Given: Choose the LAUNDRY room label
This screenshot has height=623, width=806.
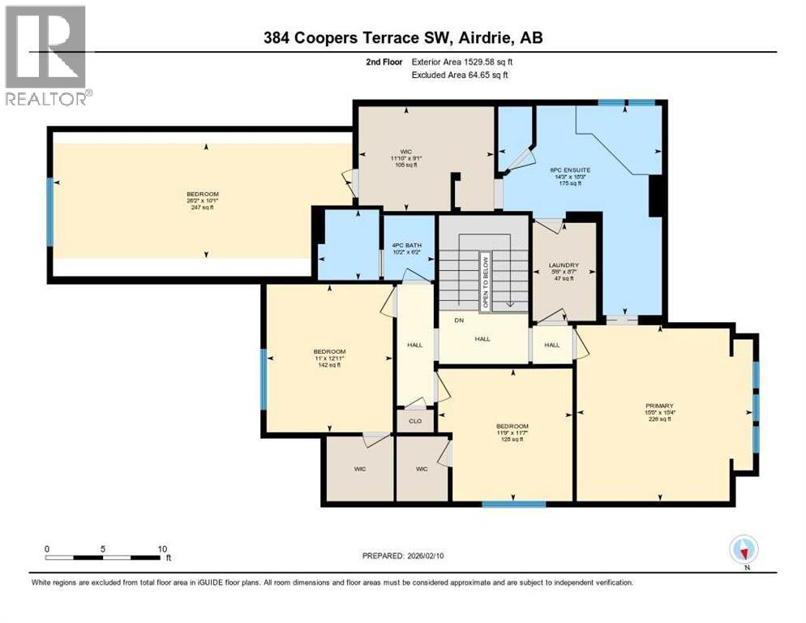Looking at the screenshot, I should [x=564, y=263].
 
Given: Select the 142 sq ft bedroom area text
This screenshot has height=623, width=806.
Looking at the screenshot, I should [x=328, y=365].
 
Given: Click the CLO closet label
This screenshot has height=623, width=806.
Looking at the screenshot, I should [x=415, y=421].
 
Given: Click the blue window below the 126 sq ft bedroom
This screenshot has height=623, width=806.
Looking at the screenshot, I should [x=514, y=505].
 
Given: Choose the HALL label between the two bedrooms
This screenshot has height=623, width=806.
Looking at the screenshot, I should [x=415, y=345].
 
